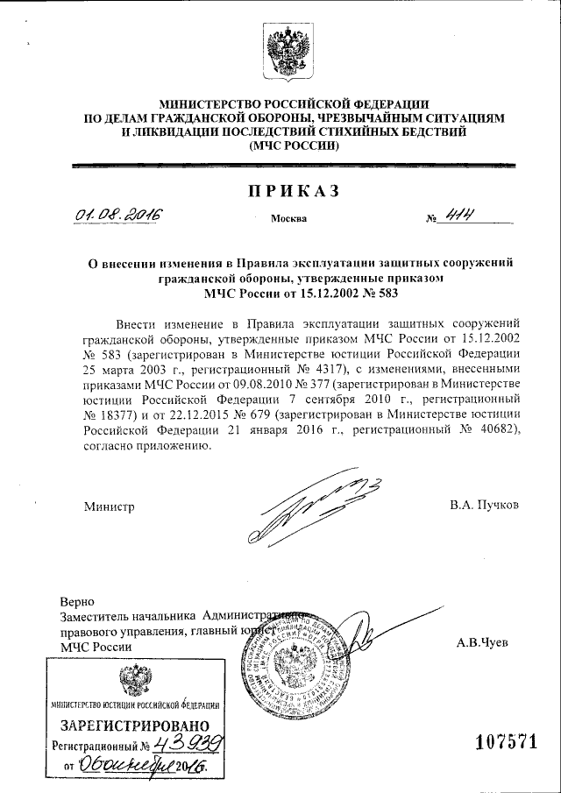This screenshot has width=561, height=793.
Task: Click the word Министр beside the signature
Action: click(x=110, y=506)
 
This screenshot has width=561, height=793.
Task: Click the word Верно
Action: click(x=76, y=603)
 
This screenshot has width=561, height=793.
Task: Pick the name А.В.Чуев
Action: click(x=482, y=642)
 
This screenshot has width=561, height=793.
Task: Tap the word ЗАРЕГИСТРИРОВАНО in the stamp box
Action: click(x=135, y=726)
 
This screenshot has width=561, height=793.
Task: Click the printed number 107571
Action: click(x=505, y=742)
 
